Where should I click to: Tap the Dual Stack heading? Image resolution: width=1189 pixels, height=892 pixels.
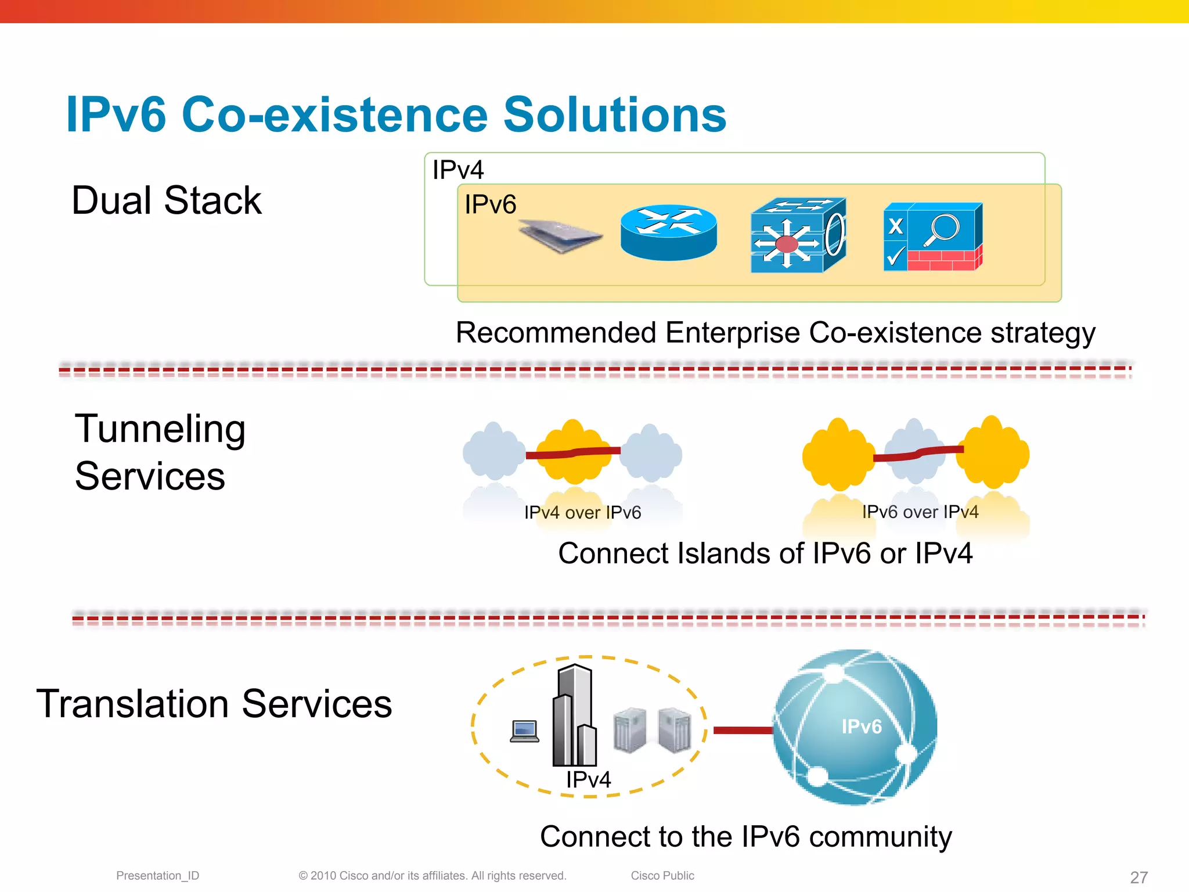[166, 201]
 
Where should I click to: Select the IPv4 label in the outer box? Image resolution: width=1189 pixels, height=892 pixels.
[457, 170]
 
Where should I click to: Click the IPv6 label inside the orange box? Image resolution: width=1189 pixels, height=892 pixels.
[490, 205]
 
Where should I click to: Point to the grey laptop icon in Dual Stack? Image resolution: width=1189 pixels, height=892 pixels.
[560, 236]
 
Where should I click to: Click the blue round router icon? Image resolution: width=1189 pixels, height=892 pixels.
[668, 232]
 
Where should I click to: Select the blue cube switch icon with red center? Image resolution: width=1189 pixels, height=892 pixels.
[798, 235]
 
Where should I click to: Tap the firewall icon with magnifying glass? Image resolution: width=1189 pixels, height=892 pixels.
[932, 236]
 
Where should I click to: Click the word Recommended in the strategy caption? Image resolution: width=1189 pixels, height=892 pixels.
[556, 333]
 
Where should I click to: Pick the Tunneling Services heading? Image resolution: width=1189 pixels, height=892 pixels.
[160, 452]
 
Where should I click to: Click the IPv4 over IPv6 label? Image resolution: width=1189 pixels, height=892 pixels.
[582, 512]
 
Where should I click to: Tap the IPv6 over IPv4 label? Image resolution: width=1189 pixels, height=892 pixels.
[920, 512]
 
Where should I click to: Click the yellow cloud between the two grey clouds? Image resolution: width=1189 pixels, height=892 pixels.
[574, 452]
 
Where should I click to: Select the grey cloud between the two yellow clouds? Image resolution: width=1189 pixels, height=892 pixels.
[916, 451]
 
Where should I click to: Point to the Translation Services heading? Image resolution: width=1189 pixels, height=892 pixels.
[214, 704]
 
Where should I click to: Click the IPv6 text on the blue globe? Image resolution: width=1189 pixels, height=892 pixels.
[862, 726]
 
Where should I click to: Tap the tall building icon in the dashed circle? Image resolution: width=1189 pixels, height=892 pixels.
[574, 715]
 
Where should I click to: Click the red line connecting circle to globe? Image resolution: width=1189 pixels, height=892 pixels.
[743, 730]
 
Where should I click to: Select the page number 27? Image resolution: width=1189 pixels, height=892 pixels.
[1138, 877]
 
